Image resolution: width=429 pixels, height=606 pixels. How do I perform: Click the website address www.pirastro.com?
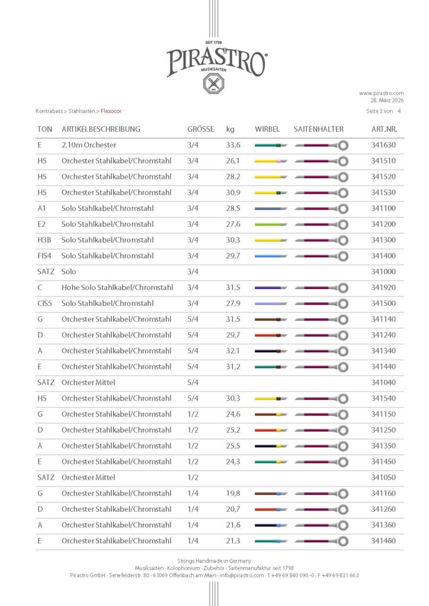pos(381,93)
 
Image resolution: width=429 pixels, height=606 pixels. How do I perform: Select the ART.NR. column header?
pos(383,129)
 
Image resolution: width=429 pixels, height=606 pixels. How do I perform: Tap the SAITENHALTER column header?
pos(318,129)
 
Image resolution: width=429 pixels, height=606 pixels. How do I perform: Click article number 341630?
pos(383,145)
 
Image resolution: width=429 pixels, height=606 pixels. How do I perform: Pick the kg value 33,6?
pos(233,145)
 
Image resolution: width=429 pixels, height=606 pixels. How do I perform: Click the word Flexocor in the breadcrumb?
pos(113,111)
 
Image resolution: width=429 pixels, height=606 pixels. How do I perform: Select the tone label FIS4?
pos(45,256)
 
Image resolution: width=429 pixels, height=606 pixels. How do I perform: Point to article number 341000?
pos(383,272)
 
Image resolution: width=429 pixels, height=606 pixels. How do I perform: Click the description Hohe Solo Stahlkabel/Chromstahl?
pos(117,288)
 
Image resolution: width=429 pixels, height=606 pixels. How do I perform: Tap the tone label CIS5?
pos(45,303)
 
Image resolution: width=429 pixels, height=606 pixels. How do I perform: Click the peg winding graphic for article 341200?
pos(271,224)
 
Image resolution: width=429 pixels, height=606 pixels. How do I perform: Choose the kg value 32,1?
pos(233,351)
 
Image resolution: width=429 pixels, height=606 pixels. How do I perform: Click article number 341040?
pos(383,382)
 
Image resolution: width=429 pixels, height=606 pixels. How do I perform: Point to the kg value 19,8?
pos(233,493)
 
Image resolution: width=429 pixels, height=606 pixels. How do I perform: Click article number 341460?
pos(383,540)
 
